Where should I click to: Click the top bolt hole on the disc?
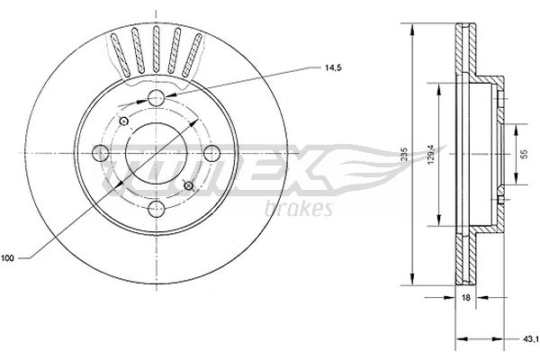click(157, 98)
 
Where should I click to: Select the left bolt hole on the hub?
click(103, 152)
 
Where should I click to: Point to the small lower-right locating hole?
click(188, 185)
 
